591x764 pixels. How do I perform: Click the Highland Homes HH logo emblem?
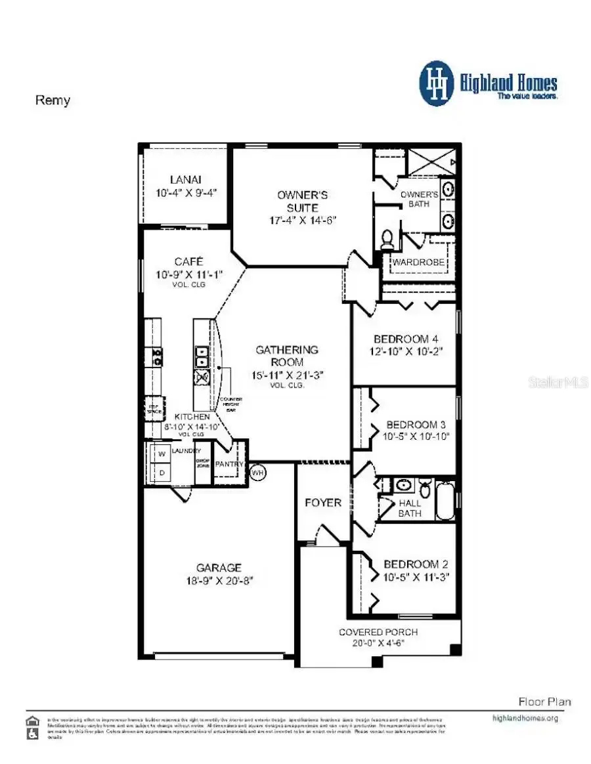(437, 83)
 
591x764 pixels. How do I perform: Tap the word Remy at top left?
(52, 100)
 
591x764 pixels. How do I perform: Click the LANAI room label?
(185, 179)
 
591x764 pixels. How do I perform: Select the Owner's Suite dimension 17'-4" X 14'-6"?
(303, 220)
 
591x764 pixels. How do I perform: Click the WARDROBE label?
(419, 263)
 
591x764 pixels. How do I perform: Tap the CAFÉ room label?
(188, 261)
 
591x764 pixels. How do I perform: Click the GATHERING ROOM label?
(287, 356)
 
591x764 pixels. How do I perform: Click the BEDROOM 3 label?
(417, 424)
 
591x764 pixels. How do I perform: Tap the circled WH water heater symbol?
(257, 473)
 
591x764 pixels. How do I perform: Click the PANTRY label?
(230, 464)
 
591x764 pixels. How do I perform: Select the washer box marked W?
(160, 453)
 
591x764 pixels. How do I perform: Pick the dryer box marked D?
(160, 473)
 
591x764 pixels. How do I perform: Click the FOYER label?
(323, 502)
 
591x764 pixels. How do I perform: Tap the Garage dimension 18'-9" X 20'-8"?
(219, 580)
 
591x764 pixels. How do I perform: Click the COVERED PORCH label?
(378, 631)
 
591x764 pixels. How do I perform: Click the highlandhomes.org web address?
(525, 718)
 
